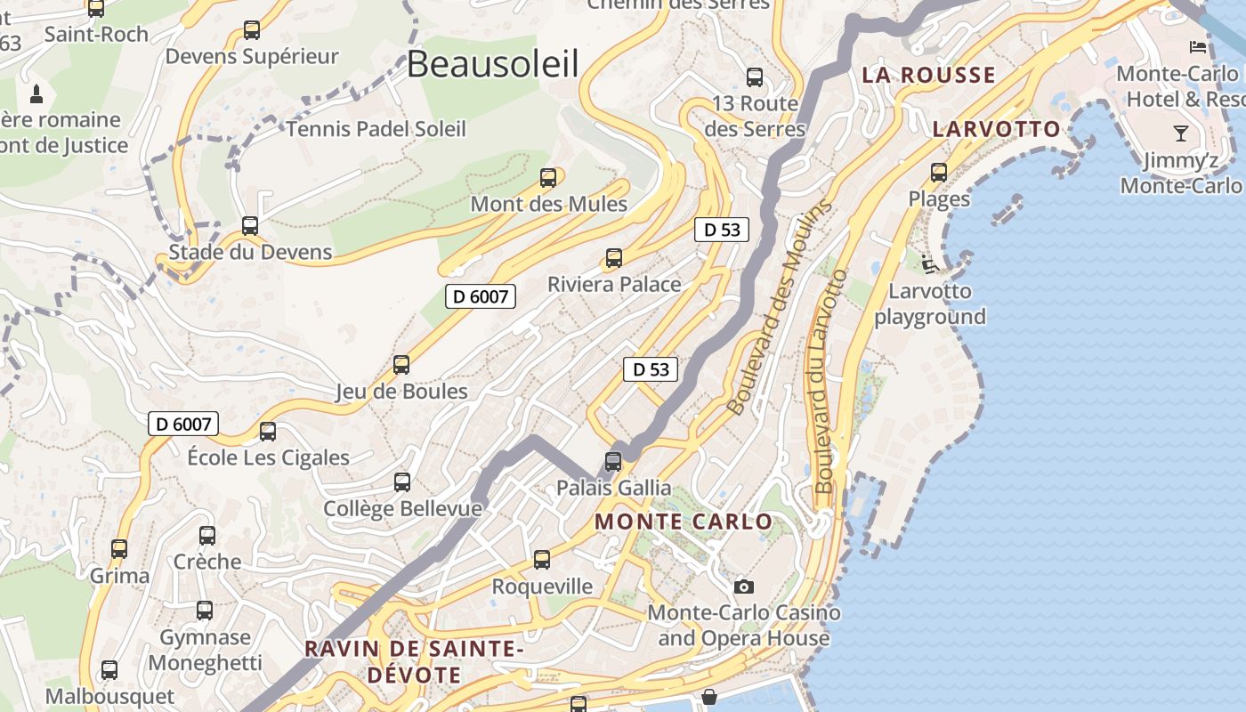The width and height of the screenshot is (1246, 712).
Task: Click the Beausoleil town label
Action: (x=493, y=64)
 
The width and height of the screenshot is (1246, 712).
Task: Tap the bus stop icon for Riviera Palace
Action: (x=613, y=259)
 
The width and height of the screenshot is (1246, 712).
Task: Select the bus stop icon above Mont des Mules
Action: (x=548, y=178)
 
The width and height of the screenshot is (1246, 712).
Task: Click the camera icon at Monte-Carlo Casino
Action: (x=744, y=587)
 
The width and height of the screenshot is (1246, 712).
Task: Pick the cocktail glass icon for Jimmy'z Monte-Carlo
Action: (x=1181, y=133)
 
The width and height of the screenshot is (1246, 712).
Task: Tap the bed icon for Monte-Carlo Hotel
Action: (x=1198, y=46)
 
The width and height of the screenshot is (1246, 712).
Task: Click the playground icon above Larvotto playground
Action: (x=929, y=263)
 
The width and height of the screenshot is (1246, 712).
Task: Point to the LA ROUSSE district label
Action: (x=928, y=75)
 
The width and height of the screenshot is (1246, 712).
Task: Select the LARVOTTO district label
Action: (x=997, y=129)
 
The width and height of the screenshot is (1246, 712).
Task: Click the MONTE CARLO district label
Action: (x=684, y=522)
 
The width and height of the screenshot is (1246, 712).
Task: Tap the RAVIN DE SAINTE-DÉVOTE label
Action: (x=414, y=661)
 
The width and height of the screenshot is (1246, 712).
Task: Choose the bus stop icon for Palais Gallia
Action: (x=613, y=462)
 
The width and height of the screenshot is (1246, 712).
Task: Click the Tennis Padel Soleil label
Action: (x=376, y=129)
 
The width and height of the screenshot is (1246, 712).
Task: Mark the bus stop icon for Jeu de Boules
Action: (x=401, y=365)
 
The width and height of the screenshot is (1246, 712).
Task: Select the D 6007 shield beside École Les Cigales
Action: (x=183, y=424)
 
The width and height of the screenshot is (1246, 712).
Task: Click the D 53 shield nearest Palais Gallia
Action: (x=651, y=369)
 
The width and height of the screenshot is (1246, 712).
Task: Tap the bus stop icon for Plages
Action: (x=939, y=173)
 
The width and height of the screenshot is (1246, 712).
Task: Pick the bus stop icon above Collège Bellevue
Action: (x=402, y=482)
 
